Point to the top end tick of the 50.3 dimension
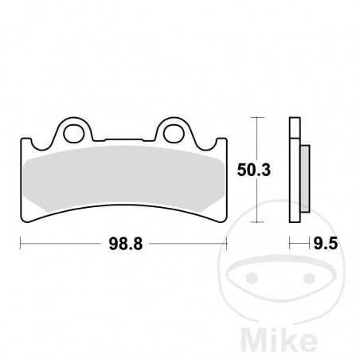click(255, 116)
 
